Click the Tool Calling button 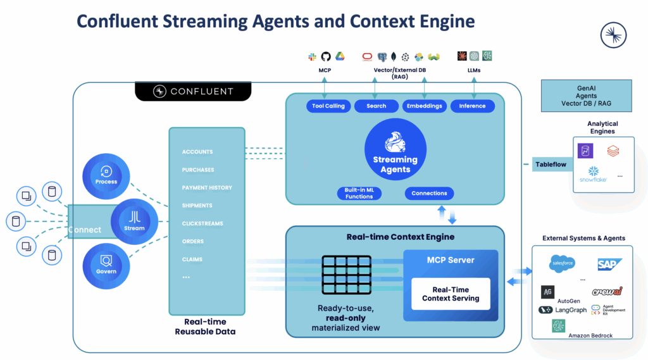click(x=328, y=106)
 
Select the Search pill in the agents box click(x=376, y=106)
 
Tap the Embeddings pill click(x=425, y=106)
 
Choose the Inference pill click(x=472, y=106)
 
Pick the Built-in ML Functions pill click(x=359, y=194)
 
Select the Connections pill click(x=429, y=193)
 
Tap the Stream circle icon click(x=134, y=221)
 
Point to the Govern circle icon click(x=106, y=265)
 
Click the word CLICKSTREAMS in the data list click(x=202, y=223)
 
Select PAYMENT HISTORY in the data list click(x=207, y=188)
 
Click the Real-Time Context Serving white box click(x=451, y=294)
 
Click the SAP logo click(x=609, y=264)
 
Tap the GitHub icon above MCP click(x=326, y=56)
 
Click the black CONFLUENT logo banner click(x=193, y=91)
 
